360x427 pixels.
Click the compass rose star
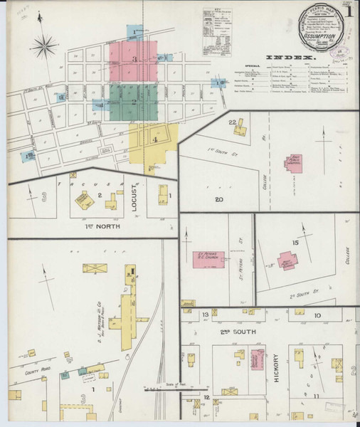pos(45,47)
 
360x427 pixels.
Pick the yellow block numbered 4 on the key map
pos(154,139)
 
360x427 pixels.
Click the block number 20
pos(219,200)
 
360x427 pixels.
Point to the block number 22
pos(232,122)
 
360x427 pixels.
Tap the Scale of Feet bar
pos(162,388)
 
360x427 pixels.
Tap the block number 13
pos(205,314)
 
